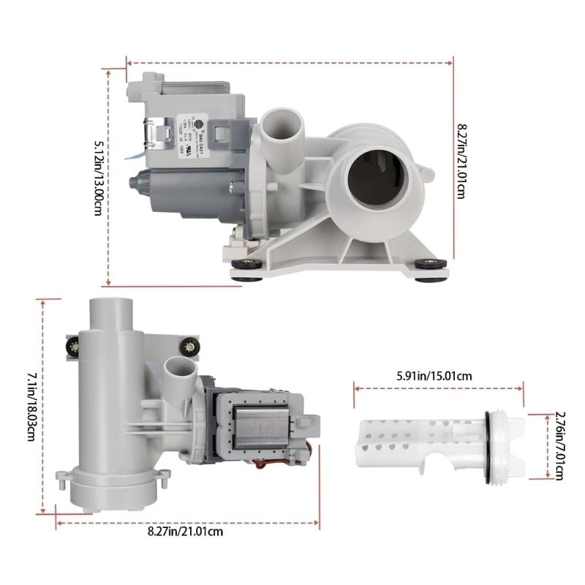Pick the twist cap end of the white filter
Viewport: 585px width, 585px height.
point(516,446)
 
